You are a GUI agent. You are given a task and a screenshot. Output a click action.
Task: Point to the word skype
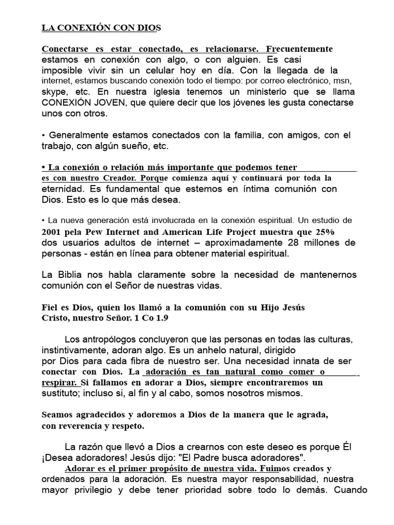(x=53, y=91)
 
